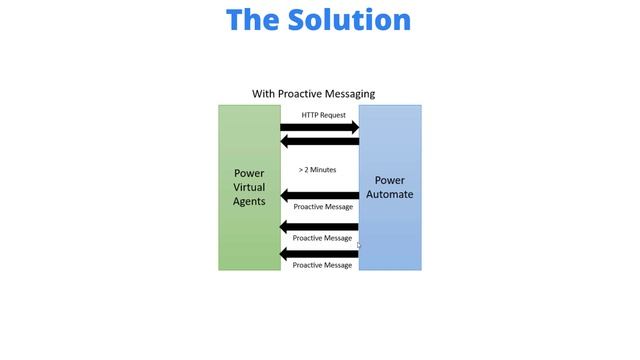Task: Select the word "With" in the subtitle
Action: tap(263, 94)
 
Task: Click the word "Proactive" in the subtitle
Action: tap(301, 94)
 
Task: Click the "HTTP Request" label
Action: tap(324, 115)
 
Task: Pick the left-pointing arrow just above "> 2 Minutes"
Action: tap(319, 142)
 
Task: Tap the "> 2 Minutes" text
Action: tap(318, 170)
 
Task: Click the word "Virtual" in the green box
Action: tap(250, 187)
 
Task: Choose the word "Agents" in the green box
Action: tap(250, 201)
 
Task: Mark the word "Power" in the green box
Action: tap(250, 173)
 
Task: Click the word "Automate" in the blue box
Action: tap(390, 194)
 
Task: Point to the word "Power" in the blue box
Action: tap(390, 180)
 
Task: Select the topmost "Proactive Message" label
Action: tap(323, 207)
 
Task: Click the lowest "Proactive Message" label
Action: tap(323, 265)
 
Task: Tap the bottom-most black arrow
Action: tap(319, 254)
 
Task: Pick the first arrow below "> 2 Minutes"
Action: tap(319, 195)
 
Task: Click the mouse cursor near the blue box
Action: tap(359, 245)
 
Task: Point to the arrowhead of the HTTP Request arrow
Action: tap(352, 127)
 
